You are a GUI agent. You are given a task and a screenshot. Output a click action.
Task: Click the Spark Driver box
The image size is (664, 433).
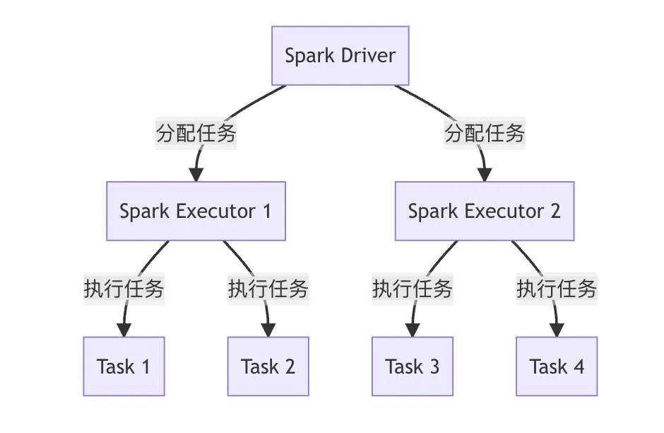click(x=340, y=56)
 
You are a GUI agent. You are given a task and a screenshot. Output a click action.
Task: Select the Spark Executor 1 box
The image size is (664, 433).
click(x=196, y=211)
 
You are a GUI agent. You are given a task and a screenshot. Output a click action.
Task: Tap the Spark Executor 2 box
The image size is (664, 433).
click(x=484, y=211)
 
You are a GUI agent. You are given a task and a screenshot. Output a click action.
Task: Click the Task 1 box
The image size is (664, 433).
click(x=124, y=366)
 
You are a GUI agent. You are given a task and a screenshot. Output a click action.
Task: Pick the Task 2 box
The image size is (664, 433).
click(x=268, y=366)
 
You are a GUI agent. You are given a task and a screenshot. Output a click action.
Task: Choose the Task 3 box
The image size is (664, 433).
click(x=413, y=366)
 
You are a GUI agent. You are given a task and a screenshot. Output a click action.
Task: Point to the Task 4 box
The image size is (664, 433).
click(x=557, y=366)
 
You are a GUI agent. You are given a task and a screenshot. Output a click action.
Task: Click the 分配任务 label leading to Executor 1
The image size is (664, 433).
click(x=196, y=133)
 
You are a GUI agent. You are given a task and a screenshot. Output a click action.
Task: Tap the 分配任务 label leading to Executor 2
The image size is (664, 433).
click(x=485, y=133)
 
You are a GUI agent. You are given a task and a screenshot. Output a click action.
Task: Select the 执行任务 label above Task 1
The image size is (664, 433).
click(x=124, y=289)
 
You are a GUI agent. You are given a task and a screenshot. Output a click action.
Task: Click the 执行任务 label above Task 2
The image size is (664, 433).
click(x=268, y=289)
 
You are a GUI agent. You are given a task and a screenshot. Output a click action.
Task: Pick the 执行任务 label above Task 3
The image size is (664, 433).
click(x=413, y=289)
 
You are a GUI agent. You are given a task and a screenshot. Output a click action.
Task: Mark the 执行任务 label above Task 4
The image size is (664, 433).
click(x=557, y=289)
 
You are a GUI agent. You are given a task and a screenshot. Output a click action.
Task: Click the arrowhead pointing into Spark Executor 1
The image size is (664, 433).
click(x=196, y=174)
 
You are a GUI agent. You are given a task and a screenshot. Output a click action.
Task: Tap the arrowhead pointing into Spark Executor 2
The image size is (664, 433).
click(x=485, y=174)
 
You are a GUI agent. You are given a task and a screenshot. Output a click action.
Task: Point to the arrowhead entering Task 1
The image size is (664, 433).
click(x=124, y=330)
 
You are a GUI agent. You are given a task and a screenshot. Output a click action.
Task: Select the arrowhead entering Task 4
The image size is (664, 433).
click(x=557, y=330)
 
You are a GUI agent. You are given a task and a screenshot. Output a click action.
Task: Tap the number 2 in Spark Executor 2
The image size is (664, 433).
click(x=555, y=211)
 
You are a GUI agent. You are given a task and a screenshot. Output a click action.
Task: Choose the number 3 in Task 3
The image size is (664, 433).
click(x=434, y=366)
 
